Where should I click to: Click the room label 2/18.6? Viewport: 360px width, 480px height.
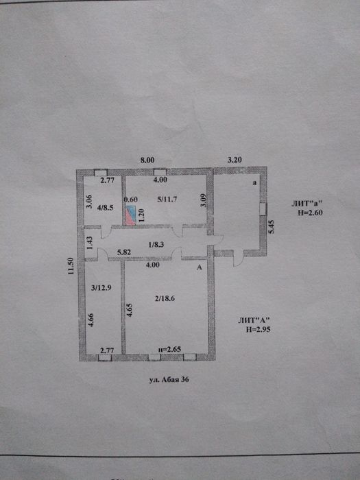coord(165,298)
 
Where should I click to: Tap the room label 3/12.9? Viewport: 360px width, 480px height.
coord(101,287)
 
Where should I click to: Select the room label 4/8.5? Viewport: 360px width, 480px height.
coord(106,208)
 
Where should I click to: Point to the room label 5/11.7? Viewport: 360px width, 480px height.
coord(167,200)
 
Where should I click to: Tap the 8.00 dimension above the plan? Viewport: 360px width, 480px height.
coord(147,160)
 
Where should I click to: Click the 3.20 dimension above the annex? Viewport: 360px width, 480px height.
coord(235,160)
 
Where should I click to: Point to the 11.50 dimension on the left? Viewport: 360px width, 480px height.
coord(71,266)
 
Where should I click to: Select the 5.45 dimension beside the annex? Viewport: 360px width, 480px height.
coord(272,227)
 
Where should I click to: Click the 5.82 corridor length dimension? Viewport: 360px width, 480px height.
coord(124,252)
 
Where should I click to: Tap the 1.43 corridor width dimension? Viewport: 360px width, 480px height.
coord(90,243)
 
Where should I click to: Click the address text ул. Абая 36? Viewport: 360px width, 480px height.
coord(169,380)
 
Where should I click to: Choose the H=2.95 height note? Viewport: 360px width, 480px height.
coord(259,330)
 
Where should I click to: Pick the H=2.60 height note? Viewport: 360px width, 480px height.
coord(310,213)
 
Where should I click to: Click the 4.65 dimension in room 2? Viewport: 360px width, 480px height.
coord(129,309)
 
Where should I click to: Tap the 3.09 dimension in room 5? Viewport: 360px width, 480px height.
coord(204,201)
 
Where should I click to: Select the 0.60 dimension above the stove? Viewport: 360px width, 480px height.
coord(131,200)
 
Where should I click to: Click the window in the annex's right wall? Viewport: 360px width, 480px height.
coord(263,209)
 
